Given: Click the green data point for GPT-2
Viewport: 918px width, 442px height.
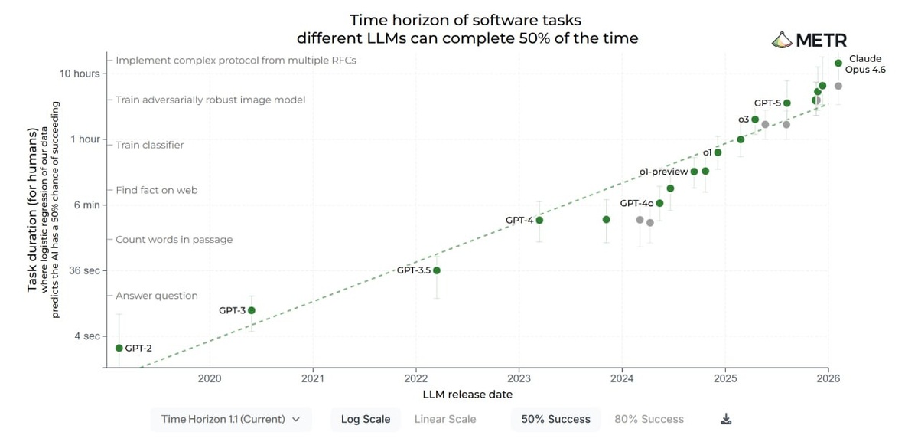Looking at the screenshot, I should pyautogui.click(x=119, y=348).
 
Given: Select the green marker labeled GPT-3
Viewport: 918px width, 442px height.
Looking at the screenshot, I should pyautogui.click(x=252, y=310).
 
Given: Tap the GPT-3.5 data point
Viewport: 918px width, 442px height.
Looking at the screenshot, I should pyautogui.click(x=437, y=270).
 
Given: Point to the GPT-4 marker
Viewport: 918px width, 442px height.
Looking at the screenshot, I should pyautogui.click(x=539, y=220).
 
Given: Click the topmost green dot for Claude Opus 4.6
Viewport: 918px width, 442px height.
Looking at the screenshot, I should pyautogui.click(x=838, y=63).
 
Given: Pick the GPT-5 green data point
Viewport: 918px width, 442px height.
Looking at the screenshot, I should pyautogui.click(x=787, y=103).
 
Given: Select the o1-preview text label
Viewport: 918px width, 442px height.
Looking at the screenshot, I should pyautogui.click(x=663, y=172).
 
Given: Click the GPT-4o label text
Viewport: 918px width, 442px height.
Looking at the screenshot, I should pyautogui.click(x=636, y=203).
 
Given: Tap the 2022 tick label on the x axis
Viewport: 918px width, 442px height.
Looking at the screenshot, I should pyautogui.click(x=415, y=378).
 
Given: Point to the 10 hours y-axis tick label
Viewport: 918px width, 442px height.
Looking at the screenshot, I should pyautogui.click(x=80, y=74).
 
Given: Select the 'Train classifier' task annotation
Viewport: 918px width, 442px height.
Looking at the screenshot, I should pyautogui.click(x=149, y=145).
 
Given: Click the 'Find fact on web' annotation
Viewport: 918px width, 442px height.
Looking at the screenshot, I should pyautogui.click(x=157, y=190).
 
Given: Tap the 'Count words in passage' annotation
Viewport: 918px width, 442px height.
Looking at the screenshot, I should pyautogui.click(x=174, y=240).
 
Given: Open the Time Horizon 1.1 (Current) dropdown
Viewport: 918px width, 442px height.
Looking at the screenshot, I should pyautogui.click(x=231, y=419).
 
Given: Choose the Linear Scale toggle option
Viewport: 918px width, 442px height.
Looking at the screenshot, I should pyautogui.click(x=445, y=419).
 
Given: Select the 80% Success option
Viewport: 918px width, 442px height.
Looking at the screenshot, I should pyautogui.click(x=649, y=419).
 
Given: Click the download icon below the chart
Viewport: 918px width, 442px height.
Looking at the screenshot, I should pyautogui.click(x=727, y=419).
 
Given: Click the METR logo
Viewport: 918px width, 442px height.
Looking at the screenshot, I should pyautogui.click(x=809, y=41).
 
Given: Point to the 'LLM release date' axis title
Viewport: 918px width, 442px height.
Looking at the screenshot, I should pyautogui.click(x=467, y=395).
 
